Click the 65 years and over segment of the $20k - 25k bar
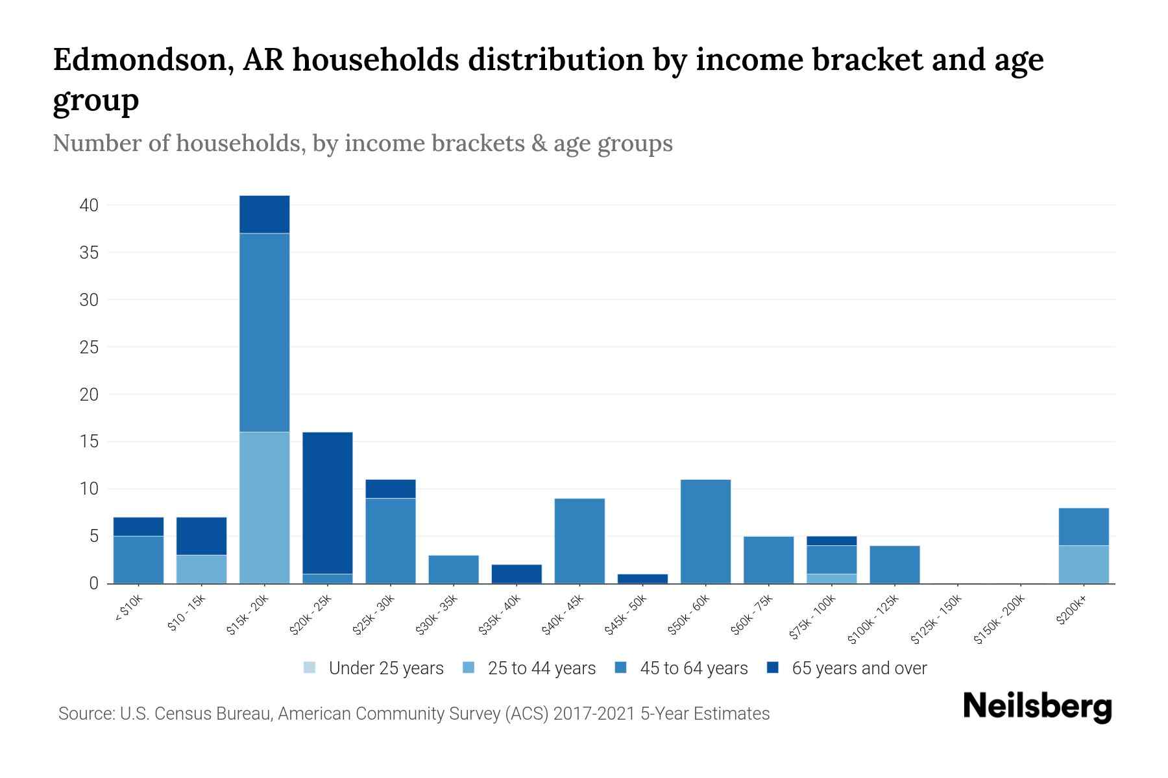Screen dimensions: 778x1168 pos(328,502)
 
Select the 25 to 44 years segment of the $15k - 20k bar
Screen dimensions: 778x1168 pos(265,508)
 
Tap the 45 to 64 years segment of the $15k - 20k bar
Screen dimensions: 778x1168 pos(265,332)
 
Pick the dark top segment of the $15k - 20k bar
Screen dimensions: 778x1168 pos(265,214)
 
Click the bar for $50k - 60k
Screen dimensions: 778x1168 pos(705,532)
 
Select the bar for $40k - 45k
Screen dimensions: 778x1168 pos(579,541)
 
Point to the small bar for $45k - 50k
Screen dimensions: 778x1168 pos(642,578)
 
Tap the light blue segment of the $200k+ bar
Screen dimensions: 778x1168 pos(1083,565)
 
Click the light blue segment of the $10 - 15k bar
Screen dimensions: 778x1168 pos(202,569)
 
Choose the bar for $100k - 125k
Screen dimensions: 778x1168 pos(894,565)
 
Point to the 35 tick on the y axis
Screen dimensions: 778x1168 pos(90,253)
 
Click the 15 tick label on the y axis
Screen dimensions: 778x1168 pos(90,442)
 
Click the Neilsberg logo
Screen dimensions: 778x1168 pos(1037,707)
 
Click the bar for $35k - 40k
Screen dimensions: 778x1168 pos(517,574)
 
